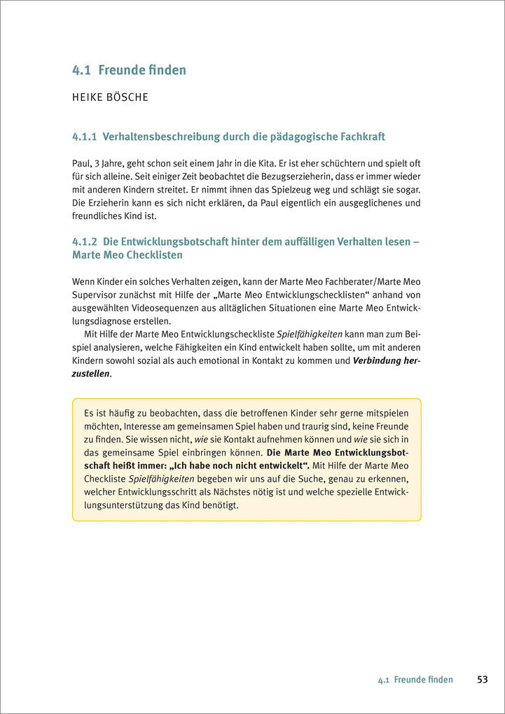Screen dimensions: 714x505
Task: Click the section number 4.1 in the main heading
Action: click(81, 70)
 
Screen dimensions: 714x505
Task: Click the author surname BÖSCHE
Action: click(127, 97)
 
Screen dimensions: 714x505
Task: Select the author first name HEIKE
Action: click(87, 97)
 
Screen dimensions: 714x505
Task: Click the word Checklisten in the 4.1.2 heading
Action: click(154, 255)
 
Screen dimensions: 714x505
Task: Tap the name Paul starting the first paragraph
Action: click(83, 162)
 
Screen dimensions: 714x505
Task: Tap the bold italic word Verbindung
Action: click(381, 361)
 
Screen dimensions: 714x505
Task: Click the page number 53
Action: click(483, 680)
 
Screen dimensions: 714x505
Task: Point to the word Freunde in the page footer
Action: click(409, 680)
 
